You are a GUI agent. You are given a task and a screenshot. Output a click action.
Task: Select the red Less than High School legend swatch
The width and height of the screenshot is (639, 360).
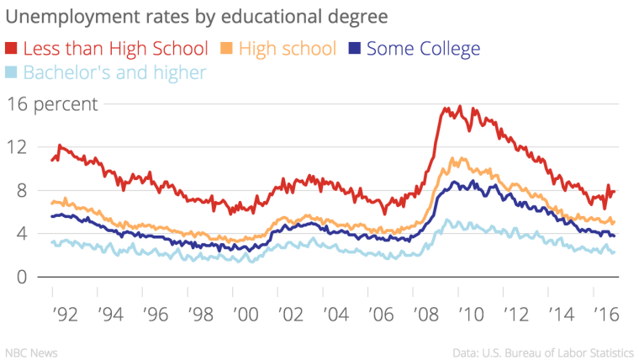click(x=13, y=49)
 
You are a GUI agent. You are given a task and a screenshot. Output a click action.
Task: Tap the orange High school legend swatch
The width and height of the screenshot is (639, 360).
click(x=228, y=49)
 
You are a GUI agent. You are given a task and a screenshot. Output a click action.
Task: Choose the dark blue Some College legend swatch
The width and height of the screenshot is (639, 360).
click(x=355, y=49)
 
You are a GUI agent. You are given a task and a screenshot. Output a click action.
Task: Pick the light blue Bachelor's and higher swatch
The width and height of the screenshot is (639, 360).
click(x=13, y=73)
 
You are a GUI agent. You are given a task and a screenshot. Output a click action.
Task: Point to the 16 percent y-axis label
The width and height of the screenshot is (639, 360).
click(x=54, y=104)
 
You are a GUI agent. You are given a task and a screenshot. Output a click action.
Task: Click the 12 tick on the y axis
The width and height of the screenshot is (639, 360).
click(x=18, y=147)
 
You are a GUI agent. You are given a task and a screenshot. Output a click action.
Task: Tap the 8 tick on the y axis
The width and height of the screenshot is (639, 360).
click(x=24, y=191)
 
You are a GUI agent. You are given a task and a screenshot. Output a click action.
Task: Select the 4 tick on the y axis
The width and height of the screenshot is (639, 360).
click(x=24, y=234)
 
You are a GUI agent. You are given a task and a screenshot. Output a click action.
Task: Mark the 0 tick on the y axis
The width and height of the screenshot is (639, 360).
click(x=24, y=278)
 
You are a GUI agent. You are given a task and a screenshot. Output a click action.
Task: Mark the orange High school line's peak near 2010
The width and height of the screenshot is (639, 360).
click(x=454, y=157)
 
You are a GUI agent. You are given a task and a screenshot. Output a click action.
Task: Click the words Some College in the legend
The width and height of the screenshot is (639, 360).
click(x=424, y=49)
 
